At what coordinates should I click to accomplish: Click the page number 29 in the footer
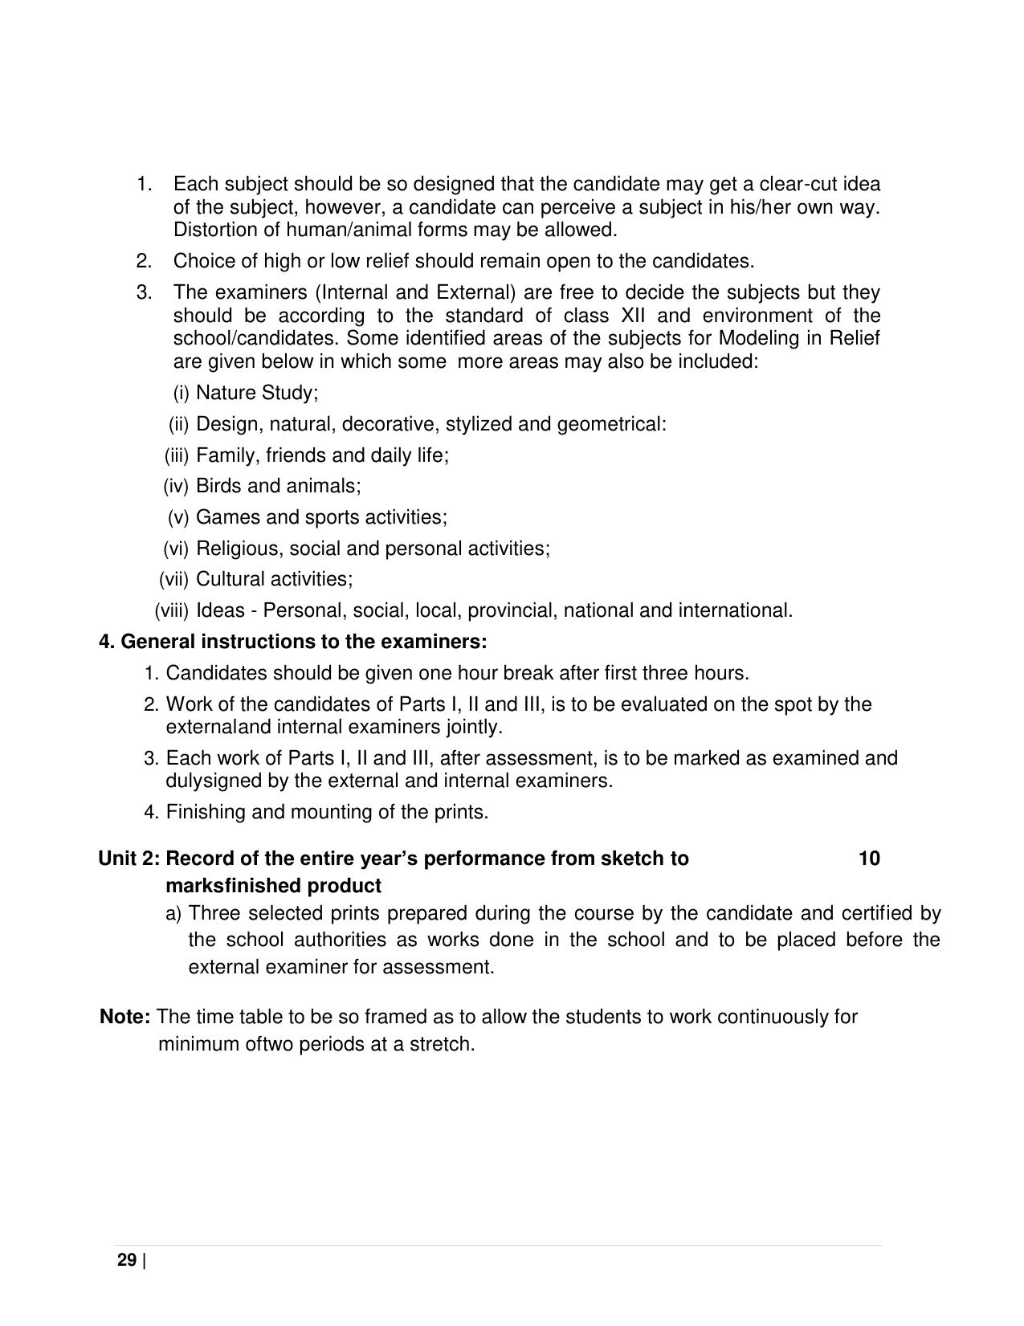(x=127, y=1259)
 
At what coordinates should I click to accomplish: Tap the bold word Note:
(x=124, y=1017)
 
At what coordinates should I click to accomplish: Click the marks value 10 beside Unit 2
(x=869, y=859)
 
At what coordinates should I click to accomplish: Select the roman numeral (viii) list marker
(x=171, y=610)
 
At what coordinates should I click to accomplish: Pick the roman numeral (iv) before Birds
(x=176, y=486)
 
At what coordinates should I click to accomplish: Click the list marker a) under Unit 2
(x=173, y=913)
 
